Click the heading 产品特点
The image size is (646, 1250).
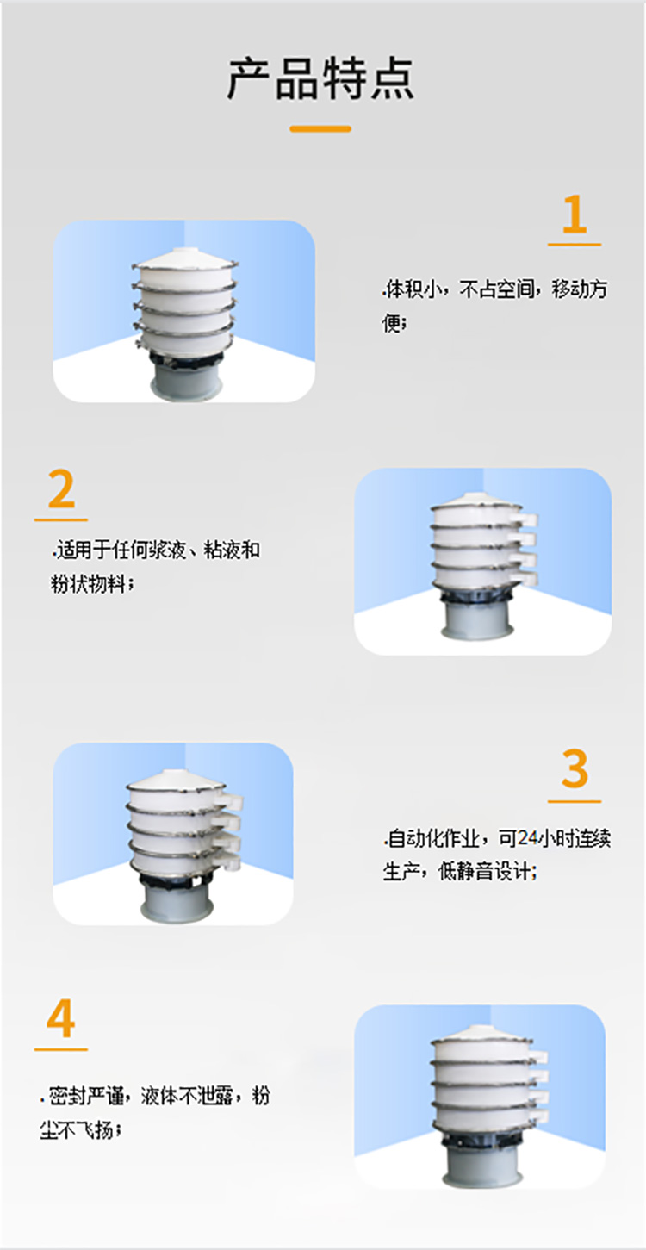[x=320, y=78]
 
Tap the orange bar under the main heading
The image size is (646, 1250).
[x=320, y=128]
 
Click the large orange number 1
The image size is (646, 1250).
[x=574, y=215]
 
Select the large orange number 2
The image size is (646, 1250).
[x=61, y=490]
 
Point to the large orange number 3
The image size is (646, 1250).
[x=574, y=769]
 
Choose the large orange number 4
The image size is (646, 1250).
[x=61, y=1019]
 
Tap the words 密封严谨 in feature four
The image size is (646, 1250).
[x=86, y=1098]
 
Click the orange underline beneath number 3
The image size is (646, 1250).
[x=574, y=801]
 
